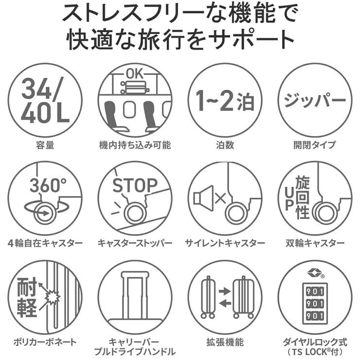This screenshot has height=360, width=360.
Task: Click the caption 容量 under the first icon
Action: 45,145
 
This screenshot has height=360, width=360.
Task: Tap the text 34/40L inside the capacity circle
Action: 45,99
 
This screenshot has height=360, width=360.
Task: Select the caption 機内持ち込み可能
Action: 135,145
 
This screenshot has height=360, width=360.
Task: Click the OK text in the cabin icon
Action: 135,73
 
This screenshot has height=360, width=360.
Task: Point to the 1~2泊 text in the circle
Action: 225,100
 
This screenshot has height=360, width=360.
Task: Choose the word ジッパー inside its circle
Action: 314,100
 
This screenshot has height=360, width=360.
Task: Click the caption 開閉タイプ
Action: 314,145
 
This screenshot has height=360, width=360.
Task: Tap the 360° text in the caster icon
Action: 47,185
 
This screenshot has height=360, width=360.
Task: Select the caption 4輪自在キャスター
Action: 45,242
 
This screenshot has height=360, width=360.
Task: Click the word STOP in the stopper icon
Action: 135,185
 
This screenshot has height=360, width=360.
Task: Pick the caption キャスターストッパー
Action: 135,242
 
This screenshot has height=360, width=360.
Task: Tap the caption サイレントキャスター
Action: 225,242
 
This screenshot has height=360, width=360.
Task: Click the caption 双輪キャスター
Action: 314,242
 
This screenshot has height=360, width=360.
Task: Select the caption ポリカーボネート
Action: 45,340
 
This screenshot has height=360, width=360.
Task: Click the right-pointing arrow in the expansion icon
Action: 224,290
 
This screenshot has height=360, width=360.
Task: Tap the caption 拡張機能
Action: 225,340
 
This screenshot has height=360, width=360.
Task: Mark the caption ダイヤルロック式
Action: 314,340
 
